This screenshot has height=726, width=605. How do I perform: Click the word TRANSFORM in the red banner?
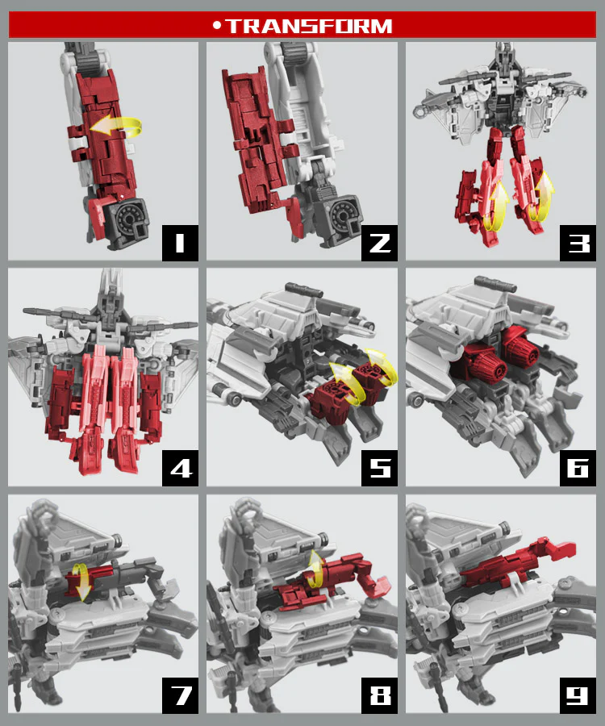309,26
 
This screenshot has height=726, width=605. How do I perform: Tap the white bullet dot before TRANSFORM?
217,26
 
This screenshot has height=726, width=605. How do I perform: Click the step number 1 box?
180,243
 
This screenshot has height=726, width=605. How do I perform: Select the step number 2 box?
380,243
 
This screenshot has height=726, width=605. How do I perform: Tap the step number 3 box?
578,243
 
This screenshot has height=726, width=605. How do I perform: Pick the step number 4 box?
180,468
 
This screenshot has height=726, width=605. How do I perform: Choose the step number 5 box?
380,468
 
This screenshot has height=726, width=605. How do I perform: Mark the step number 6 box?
578,468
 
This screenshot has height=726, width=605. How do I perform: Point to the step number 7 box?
180,695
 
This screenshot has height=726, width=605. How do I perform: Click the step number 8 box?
380,695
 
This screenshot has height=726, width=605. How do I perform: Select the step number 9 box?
578,695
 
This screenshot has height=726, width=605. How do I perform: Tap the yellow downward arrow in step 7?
83,583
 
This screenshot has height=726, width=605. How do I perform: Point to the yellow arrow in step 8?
317,570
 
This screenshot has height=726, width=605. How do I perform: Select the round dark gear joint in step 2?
344,215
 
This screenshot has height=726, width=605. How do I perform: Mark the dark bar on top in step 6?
494,283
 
